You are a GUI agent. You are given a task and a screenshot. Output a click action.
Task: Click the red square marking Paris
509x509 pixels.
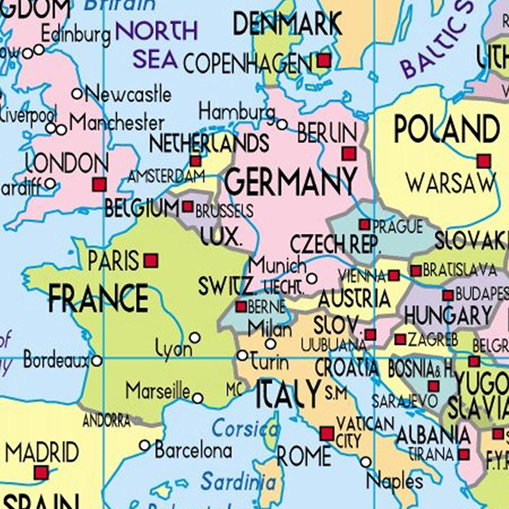[x=151, y=261]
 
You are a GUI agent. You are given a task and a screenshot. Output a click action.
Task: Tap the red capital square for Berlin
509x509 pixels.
[x=349, y=154]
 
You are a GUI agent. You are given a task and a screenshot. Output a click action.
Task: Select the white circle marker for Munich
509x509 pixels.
[x=312, y=279]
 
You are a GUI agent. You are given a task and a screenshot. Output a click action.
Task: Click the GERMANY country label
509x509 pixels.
[x=291, y=182]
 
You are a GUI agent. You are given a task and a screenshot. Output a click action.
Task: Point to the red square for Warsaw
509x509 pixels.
[x=484, y=162]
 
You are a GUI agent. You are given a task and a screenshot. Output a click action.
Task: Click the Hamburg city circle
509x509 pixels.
[x=282, y=124]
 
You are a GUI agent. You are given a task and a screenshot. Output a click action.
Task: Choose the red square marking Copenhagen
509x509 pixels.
[x=324, y=61]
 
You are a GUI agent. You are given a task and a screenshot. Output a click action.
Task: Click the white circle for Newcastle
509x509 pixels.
[x=77, y=94]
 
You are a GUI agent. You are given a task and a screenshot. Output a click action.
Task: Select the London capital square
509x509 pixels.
[x=99, y=184]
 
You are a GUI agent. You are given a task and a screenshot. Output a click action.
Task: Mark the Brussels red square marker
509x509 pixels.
[x=188, y=206]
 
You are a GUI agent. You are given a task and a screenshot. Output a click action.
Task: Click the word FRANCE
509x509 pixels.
[x=98, y=298]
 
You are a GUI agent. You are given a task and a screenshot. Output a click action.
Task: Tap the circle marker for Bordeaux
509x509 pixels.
[x=96, y=361]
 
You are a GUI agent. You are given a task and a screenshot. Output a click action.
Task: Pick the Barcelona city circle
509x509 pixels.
[x=145, y=445]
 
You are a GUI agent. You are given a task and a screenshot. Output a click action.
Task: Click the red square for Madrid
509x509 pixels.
[x=41, y=473]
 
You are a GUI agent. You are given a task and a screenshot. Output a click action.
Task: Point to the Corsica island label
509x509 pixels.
[x=245, y=429]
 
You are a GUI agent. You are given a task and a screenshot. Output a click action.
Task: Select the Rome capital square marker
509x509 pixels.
[x=327, y=434]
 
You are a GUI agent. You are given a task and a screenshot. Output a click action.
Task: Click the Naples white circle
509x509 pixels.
[x=366, y=462]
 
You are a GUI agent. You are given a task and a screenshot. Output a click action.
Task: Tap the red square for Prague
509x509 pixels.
[x=365, y=224]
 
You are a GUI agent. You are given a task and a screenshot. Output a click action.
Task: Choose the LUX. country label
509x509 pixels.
[x=221, y=236]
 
